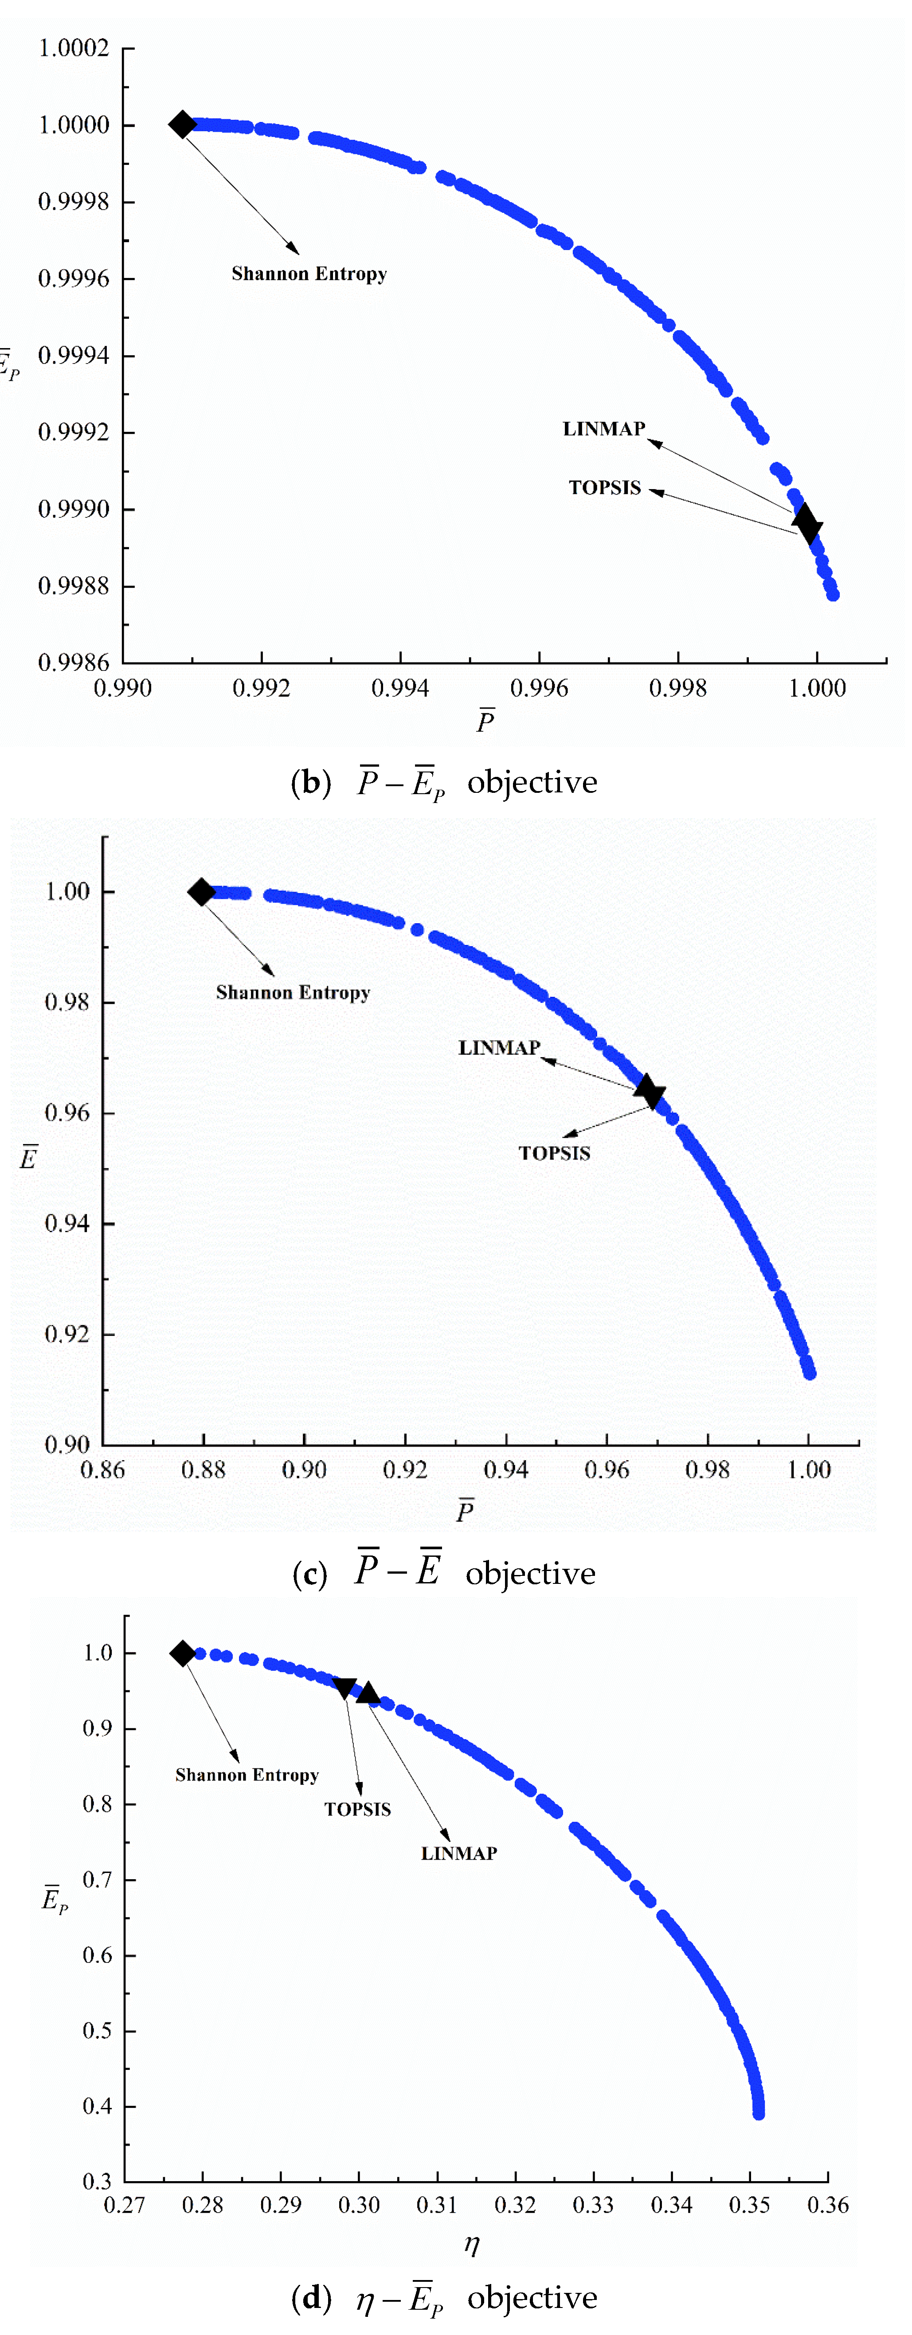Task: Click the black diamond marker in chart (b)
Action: tap(182, 124)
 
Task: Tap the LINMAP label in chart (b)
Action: tap(604, 429)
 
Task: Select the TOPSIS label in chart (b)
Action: tap(605, 488)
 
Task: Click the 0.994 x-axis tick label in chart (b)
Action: tap(400, 688)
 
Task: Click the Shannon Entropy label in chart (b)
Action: tap(309, 274)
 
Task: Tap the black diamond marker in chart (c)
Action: tap(201, 892)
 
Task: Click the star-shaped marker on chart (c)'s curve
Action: tap(649, 1091)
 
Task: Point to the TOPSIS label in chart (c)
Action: tap(554, 1153)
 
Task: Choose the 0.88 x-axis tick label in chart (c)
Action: tap(203, 1469)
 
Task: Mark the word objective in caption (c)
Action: tap(530, 1574)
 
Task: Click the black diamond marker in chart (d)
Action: tap(182, 1653)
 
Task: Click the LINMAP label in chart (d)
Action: tap(459, 1854)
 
